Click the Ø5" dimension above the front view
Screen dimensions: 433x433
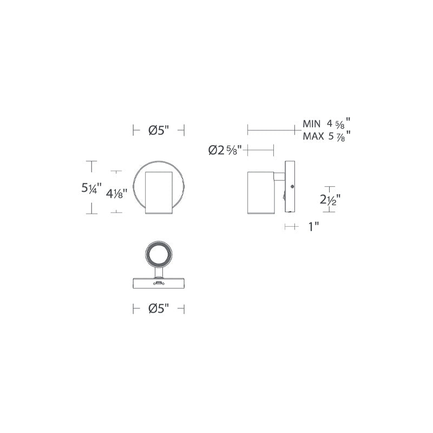159,130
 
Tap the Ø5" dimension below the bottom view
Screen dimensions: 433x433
159,309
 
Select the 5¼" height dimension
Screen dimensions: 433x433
91,188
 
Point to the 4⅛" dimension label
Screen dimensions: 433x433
117,193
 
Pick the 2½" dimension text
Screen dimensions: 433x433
330,200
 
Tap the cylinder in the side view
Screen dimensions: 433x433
261,193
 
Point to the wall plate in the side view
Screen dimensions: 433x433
290,187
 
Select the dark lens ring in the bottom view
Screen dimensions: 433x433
159,253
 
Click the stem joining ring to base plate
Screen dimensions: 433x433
159,272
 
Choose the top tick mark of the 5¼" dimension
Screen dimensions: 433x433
91,161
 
